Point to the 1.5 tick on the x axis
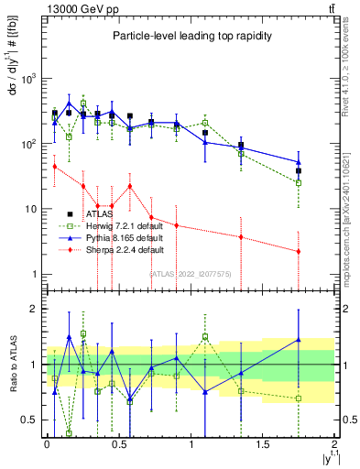point(263,443)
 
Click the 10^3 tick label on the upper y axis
point(27,79)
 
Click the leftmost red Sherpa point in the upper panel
point(55,166)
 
